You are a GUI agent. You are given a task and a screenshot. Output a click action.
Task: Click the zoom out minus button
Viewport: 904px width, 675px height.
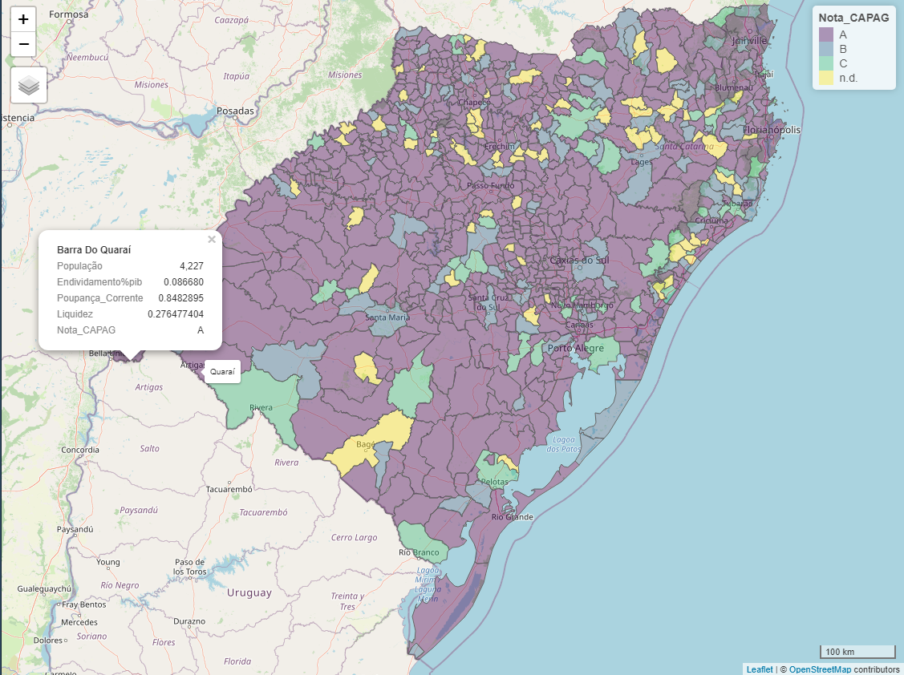[x=23, y=44]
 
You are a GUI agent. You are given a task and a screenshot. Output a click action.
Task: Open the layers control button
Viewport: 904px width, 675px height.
[x=29, y=85]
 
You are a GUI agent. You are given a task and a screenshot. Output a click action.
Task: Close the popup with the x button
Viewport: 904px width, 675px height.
[x=212, y=239]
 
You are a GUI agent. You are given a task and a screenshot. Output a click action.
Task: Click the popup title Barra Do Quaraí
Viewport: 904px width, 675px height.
[x=94, y=250]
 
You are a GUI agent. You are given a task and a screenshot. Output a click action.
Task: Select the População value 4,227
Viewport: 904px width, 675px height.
[x=191, y=266]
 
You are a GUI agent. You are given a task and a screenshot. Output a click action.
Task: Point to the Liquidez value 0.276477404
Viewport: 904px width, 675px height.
[x=176, y=314]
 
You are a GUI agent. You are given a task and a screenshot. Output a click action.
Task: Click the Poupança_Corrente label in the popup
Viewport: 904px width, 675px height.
[x=99, y=298]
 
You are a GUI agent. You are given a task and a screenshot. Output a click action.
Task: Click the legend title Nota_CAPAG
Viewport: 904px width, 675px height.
[x=853, y=18]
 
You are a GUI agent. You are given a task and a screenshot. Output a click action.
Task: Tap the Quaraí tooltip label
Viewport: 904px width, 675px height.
[x=222, y=372]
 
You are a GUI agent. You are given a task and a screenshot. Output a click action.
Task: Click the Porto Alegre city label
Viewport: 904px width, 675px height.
[x=576, y=349]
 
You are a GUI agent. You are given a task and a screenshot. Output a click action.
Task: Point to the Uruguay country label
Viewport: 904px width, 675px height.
[x=249, y=593]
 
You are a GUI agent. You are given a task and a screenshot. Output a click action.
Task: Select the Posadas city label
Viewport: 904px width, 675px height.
[x=235, y=111]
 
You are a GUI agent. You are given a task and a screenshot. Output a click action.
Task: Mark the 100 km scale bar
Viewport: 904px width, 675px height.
[x=857, y=651]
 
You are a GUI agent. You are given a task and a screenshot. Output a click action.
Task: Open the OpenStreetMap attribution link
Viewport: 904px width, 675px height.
[x=819, y=669]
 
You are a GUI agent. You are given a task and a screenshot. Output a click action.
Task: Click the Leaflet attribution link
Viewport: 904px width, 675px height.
[x=759, y=669]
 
